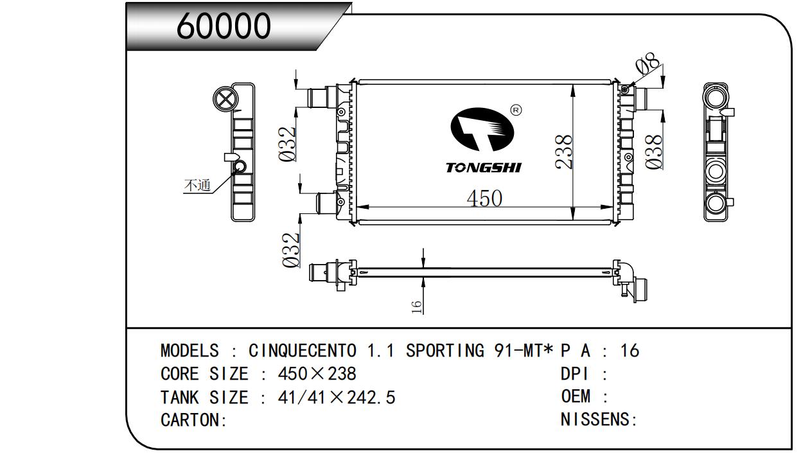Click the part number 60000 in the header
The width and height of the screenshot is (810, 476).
tap(224, 26)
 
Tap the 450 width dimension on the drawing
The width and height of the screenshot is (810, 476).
tap(484, 198)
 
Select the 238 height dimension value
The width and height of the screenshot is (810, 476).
tap(563, 152)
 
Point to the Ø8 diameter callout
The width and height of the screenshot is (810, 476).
tap(647, 67)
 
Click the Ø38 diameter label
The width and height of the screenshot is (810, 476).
tap(653, 152)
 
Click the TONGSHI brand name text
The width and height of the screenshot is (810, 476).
tap(484, 168)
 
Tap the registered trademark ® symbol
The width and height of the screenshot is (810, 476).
tap(515, 110)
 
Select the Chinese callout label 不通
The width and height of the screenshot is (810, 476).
tap(197, 186)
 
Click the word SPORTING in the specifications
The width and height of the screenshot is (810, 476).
tap(445, 351)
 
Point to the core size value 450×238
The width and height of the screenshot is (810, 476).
tap(317, 374)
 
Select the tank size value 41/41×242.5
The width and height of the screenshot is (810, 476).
tap(336, 398)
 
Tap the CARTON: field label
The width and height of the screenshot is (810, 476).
tap(193, 421)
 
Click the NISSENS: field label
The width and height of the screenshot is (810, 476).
tap(599, 421)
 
